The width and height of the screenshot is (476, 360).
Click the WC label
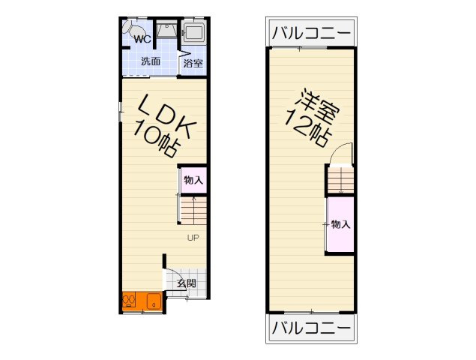(x=143, y=39)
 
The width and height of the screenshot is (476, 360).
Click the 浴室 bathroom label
(x=193, y=63)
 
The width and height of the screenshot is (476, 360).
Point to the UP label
(x=193, y=238)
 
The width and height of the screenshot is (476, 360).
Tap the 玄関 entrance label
(x=186, y=283)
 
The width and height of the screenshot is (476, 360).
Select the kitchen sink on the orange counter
(x=154, y=302)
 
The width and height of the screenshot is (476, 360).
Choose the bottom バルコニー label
(x=311, y=328)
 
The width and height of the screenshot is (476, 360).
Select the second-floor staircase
(x=340, y=181)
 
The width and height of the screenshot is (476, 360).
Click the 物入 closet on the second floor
(x=340, y=224)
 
